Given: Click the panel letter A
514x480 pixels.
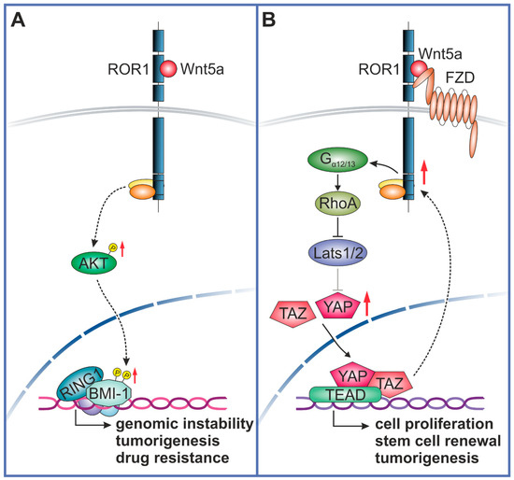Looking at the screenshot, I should [x=18, y=21].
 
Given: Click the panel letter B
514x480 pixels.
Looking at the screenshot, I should [x=273, y=21].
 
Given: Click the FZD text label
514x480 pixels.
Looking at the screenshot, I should [x=455, y=91].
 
